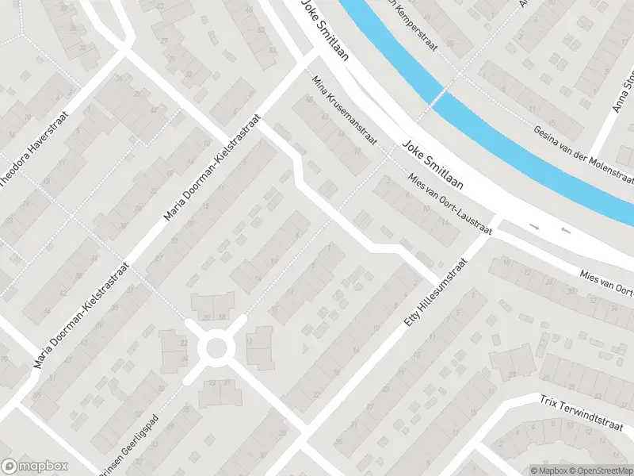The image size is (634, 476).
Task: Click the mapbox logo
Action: (35, 466)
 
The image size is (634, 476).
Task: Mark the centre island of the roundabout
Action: (217, 347)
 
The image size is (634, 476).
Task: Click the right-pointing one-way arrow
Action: (534, 227)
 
